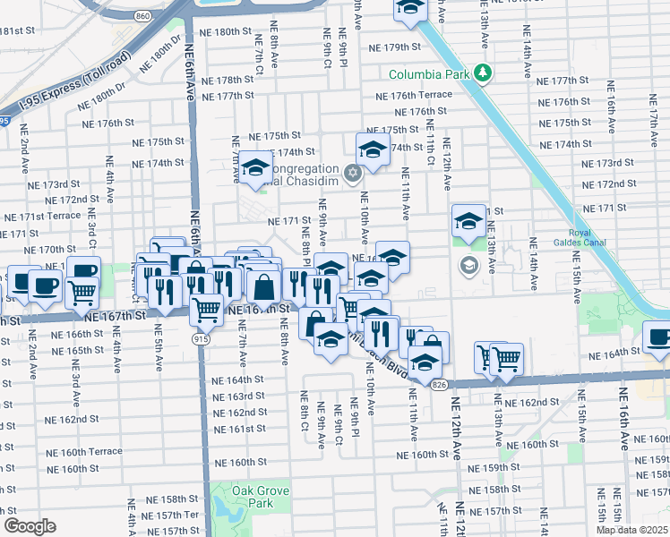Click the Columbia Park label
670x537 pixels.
pyautogui.click(x=428, y=73)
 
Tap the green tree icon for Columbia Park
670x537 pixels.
pyautogui.click(x=483, y=72)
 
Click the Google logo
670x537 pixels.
pyautogui.click(x=30, y=526)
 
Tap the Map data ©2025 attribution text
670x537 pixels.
pyautogui.click(x=631, y=530)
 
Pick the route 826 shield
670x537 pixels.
pyautogui.click(x=437, y=383)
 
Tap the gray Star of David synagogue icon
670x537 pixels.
pyautogui.click(x=353, y=171)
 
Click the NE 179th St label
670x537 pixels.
pyautogui.click(x=392, y=47)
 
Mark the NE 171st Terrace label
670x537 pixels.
pyautogui.click(x=41, y=217)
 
